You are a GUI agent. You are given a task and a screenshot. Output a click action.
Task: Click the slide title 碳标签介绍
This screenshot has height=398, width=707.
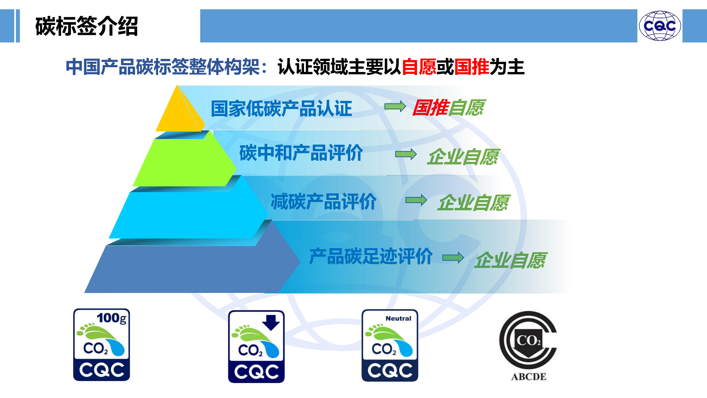point(87,26)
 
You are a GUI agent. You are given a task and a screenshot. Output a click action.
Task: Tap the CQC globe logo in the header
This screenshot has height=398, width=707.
point(660,26)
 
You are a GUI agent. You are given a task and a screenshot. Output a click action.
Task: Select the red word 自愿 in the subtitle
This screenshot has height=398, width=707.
point(419,67)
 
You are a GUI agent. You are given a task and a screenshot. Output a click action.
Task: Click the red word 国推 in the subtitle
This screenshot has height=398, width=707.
point(472,67)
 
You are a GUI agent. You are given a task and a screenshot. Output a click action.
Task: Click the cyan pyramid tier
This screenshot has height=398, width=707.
point(187,214)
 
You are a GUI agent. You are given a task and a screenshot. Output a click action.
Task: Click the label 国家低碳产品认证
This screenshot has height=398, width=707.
point(281,108)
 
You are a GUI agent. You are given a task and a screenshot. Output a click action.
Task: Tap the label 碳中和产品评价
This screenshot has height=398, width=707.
point(301,153)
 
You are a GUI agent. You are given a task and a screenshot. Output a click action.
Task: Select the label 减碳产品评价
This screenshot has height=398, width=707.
point(324,202)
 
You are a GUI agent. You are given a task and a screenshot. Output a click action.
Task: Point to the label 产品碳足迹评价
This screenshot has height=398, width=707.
point(371,256)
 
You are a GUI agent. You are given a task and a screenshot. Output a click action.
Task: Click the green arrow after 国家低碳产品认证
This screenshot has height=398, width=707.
point(395,106)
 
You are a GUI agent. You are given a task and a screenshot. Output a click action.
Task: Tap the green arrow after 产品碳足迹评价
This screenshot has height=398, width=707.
point(453,258)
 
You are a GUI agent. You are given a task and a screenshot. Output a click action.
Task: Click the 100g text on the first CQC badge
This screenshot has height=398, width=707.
point(112,318)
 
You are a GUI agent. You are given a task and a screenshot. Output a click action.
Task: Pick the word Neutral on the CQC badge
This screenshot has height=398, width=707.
point(398,318)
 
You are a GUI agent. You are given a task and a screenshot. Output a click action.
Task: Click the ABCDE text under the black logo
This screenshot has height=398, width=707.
point(529,377)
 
